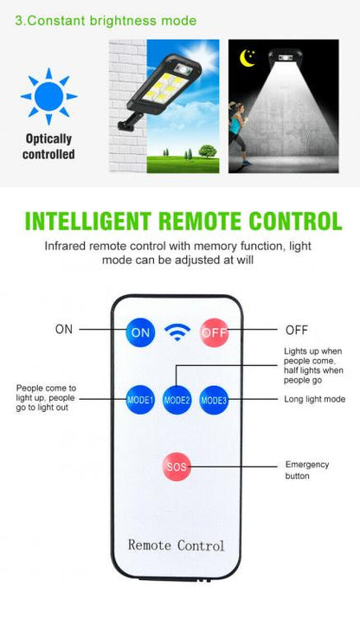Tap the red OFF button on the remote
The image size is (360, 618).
click(x=215, y=332)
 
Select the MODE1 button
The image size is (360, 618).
click(x=140, y=400)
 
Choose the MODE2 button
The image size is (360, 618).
click(x=177, y=400)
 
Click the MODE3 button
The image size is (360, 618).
click(x=214, y=400)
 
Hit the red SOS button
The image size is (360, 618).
click(x=177, y=467)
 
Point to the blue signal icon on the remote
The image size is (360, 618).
click(x=177, y=332)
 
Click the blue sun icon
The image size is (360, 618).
click(x=48, y=96)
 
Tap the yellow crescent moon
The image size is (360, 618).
click(x=247, y=58)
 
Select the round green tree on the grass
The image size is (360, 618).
click(x=207, y=151)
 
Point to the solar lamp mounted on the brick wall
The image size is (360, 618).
click(x=160, y=91)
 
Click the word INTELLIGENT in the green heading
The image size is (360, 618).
click(x=87, y=221)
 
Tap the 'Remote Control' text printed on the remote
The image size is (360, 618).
click(x=176, y=545)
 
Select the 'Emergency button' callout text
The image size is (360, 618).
click(x=307, y=470)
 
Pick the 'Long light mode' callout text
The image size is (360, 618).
click(x=315, y=399)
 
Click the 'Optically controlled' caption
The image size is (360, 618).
click(x=48, y=146)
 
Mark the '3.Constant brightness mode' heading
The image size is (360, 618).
click(x=106, y=21)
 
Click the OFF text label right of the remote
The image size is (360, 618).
click(x=297, y=330)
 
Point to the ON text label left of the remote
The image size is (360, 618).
click(x=64, y=329)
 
